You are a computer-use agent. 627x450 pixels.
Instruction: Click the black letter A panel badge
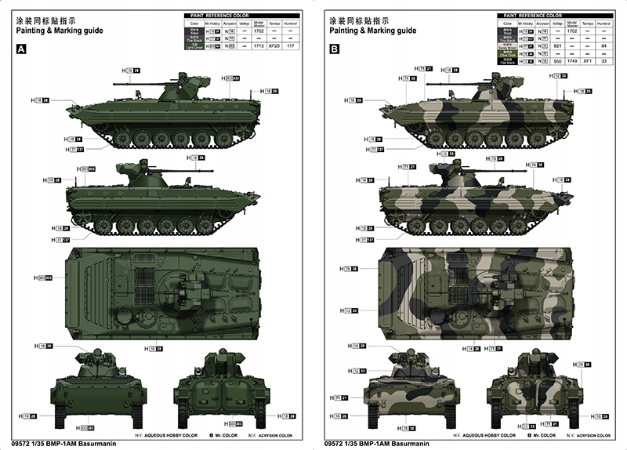pyautogui.click(x=22, y=49)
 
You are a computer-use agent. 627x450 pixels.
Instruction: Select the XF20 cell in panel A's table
pyautogui.click(x=274, y=47)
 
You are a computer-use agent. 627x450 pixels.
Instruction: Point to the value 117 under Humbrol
pyautogui.click(x=292, y=47)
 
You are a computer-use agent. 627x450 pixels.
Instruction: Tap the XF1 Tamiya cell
pyautogui.click(x=587, y=60)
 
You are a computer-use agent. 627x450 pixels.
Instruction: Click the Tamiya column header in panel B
pyautogui.click(x=587, y=24)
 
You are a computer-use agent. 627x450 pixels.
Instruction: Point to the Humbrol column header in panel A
pyautogui.click(x=292, y=24)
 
